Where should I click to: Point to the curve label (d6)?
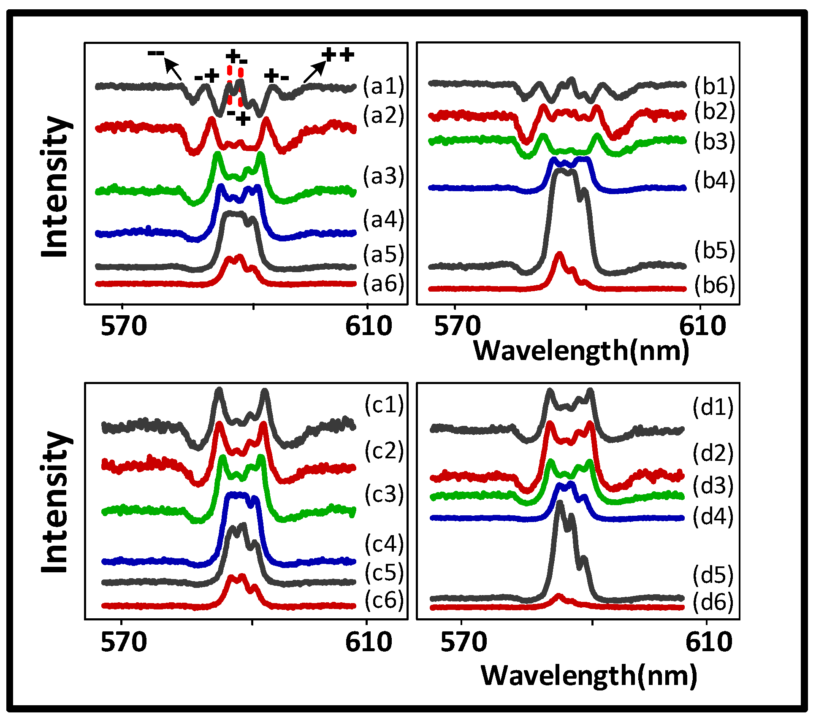713,601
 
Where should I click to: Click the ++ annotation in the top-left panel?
338,55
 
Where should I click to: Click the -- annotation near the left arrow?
156,53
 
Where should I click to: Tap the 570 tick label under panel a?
124,326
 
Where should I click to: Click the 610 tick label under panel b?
702,326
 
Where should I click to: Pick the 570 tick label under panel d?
463,642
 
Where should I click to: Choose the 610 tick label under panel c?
368,642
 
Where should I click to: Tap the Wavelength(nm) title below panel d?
588,676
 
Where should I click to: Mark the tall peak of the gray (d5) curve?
560,503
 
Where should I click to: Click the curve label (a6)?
383,283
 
